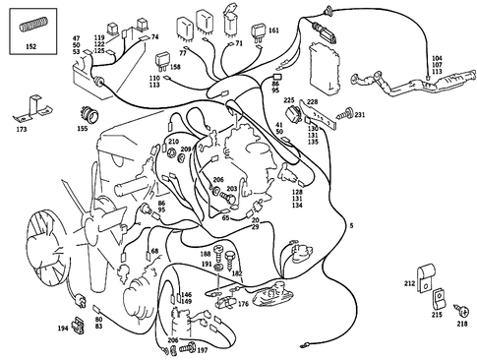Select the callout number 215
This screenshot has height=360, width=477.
436,315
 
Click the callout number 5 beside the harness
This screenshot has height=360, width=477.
351,225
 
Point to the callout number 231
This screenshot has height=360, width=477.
360,115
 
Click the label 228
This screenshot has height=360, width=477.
313,101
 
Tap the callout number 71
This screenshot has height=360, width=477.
239,45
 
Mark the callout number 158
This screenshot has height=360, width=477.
175,68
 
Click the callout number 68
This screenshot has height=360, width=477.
154,253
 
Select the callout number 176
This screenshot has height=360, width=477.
243,305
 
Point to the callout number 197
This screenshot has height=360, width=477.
202,349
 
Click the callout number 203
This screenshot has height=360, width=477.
232,189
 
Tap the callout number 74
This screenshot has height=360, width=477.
154,36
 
